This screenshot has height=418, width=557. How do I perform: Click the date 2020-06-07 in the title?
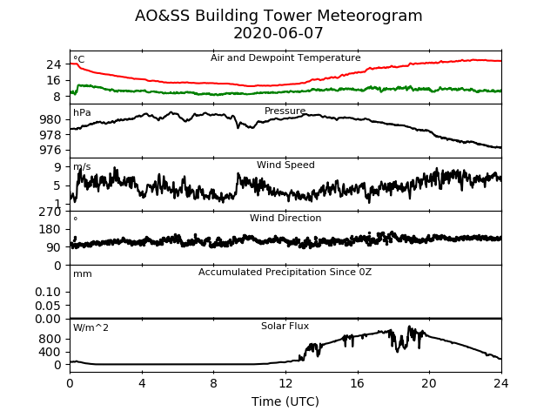[278, 33]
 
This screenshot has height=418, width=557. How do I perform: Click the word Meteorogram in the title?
[369, 16]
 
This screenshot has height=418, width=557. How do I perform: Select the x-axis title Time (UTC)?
[285, 401]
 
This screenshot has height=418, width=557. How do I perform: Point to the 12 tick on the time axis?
[285, 383]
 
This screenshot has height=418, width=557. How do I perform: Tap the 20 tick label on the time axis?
[429, 383]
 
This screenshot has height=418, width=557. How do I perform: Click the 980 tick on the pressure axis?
[50, 119]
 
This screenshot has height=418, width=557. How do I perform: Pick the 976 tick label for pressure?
[50, 150]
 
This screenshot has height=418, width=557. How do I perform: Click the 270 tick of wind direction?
[50, 212]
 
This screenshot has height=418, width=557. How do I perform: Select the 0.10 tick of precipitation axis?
[48, 292]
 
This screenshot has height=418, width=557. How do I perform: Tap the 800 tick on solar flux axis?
[50, 339]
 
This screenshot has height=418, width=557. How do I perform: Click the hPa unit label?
[82, 112]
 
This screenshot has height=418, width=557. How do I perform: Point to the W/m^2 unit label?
[91, 327]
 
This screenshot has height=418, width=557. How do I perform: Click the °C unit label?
[79, 59]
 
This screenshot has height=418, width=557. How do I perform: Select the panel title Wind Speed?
[285, 165]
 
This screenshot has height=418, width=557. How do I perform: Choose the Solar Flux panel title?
[285, 326]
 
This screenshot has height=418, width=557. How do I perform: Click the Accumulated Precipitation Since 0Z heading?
[285, 272]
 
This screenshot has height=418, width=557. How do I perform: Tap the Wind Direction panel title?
[285, 218]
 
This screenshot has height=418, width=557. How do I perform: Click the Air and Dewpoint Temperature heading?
[285, 57]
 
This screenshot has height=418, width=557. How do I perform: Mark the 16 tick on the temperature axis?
[54, 80]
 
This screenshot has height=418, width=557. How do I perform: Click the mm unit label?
[83, 274]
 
